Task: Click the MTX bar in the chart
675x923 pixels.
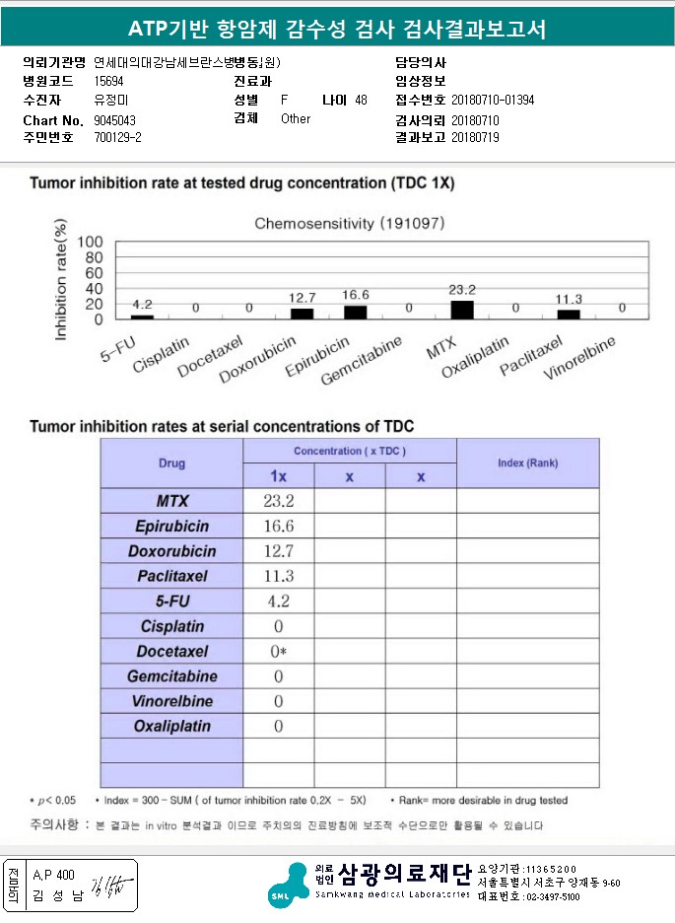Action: click(461, 310)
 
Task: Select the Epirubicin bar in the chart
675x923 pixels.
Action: click(355, 313)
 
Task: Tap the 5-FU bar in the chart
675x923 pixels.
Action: click(143, 317)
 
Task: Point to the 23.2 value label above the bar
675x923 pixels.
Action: click(461, 290)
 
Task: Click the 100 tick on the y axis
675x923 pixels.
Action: click(90, 242)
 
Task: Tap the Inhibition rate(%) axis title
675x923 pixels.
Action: click(62, 282)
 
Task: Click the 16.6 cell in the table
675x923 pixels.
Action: click(278, 526)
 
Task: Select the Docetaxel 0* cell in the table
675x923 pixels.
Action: click(279, 652)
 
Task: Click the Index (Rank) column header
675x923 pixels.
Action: click(527, 463)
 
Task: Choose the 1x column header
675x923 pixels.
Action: click(279, 476)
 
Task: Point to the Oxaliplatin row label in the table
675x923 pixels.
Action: click(172, 727)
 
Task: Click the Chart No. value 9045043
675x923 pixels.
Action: click(115, 120)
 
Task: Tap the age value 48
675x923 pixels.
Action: click(361, 101)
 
